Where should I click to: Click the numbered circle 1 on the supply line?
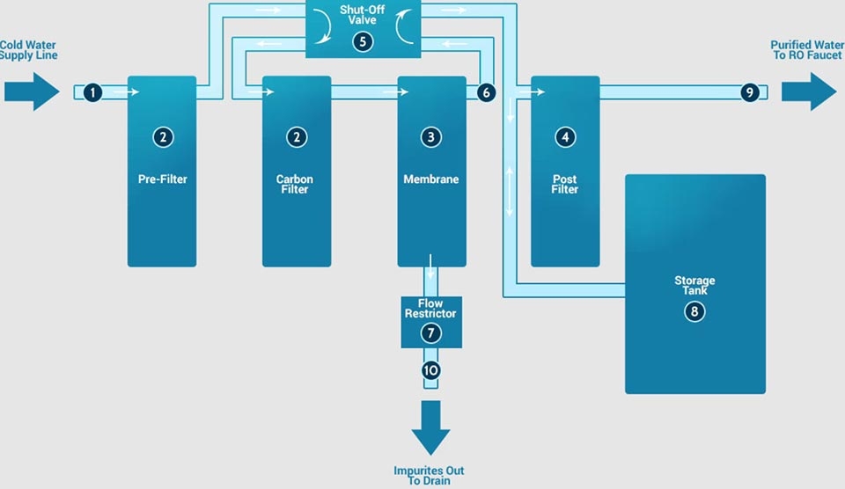[x=93, y=91]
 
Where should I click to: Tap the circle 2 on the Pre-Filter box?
[x=162, y=136]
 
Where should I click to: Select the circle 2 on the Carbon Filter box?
[x=297, y=136]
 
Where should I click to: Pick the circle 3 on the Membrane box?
[x=431, y=136]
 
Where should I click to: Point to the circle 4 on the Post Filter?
[x=565, y=136]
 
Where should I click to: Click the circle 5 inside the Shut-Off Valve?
[x=364, y=40]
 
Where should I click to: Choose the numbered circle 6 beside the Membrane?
[x=485, y=91]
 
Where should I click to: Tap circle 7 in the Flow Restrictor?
[x=431, y=333]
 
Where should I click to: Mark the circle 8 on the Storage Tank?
[x=695, y=311]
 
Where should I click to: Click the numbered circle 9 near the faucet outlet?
[x=749, y=91]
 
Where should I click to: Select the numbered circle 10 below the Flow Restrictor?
[x=431, y=370]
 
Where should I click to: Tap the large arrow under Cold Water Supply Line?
[x=32, y=91]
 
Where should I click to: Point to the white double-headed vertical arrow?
[x=510, y=191]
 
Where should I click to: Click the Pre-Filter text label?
[x=162, y=179]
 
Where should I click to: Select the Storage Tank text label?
[x=695, y=285]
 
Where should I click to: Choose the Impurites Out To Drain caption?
[x=429, y=476]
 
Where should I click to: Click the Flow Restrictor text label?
[x=431, y=309]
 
